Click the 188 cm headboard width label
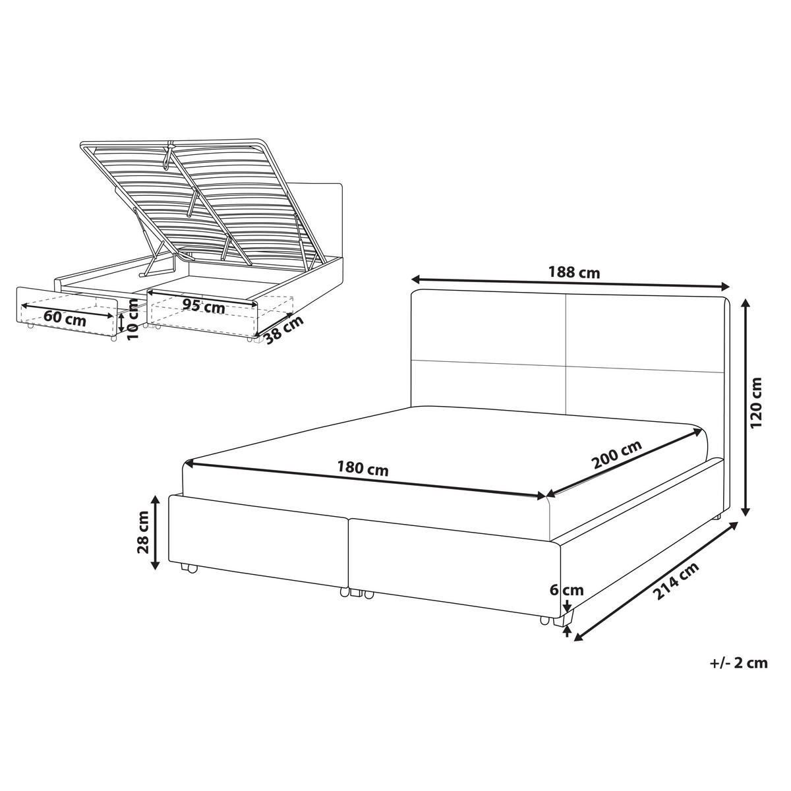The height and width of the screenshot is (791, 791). pyautogui.click(x=574, y=272)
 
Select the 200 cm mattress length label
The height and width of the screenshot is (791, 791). pyautogui.click(x=616, y=455)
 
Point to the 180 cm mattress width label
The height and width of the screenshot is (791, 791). pyautogui.click(x=363, y=469)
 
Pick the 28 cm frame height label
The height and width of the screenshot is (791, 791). pyautogui.click(x=143, y=533)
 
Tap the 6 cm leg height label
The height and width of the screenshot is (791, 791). pyautogui.click(x=566, y=590)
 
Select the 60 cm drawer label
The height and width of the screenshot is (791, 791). pyautogui.click(x=65, y=320)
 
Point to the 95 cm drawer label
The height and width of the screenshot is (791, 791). pyautogui.click(x=204, y=306)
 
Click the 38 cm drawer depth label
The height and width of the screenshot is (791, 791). pyautogui.click(x=284, y=330)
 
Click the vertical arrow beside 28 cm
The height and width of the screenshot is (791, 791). pyautogui.click(x=155, y=533)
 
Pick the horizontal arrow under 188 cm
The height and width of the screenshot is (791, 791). pyautogui.click(x=571, y=283)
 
